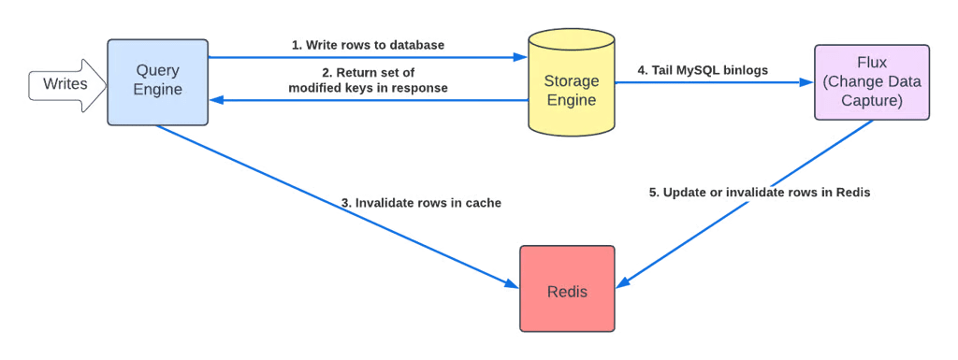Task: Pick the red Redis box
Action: coord(568,290)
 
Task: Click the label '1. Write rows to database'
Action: coord(369,45)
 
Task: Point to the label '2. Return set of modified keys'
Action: coord(367,81)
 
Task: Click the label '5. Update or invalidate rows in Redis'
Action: coord(761,193)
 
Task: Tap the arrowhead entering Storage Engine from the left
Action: coord(519,57)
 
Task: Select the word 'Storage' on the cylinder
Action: coord(570,81)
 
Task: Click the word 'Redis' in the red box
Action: coord(568,290)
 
